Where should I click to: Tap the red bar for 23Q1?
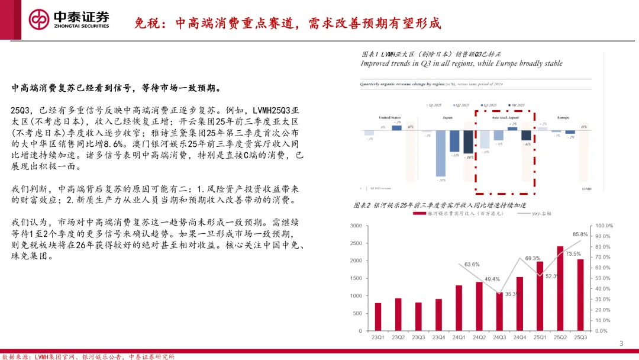pyautogui.click(x=378, y=317)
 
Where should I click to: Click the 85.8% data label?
pyautogui.click(x=580, y=234)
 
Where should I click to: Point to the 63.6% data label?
pyautogui.click(x=472, y=265)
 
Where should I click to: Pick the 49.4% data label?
pyautogui.click(x=492, y=279)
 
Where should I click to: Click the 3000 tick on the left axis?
pyautogui.click(x=356, y=226)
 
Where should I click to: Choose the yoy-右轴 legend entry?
pyautogui.click(x=534, y=213)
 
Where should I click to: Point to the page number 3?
pyautogui.click(x=621, y=344)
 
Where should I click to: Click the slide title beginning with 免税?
pyautogui.click(x=287, y=23)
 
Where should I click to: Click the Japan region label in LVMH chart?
pyautogui.click(x=447, y=117)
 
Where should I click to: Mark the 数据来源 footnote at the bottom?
pyautogui.click(x=89, y=356)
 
